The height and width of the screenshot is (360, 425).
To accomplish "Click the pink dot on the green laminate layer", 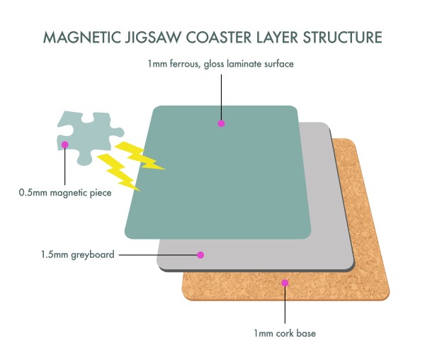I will [x=221, y=123].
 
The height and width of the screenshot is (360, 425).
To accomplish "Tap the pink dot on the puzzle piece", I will [x=64, y=144].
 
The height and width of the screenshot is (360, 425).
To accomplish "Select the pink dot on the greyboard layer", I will [x=200, y=254].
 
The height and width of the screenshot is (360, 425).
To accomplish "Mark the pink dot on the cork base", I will [x=285, y=283].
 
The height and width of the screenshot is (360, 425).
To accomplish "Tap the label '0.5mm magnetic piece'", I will [x=65, y=191].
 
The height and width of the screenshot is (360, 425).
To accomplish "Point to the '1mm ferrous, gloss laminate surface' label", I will [x=220, y=64].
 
